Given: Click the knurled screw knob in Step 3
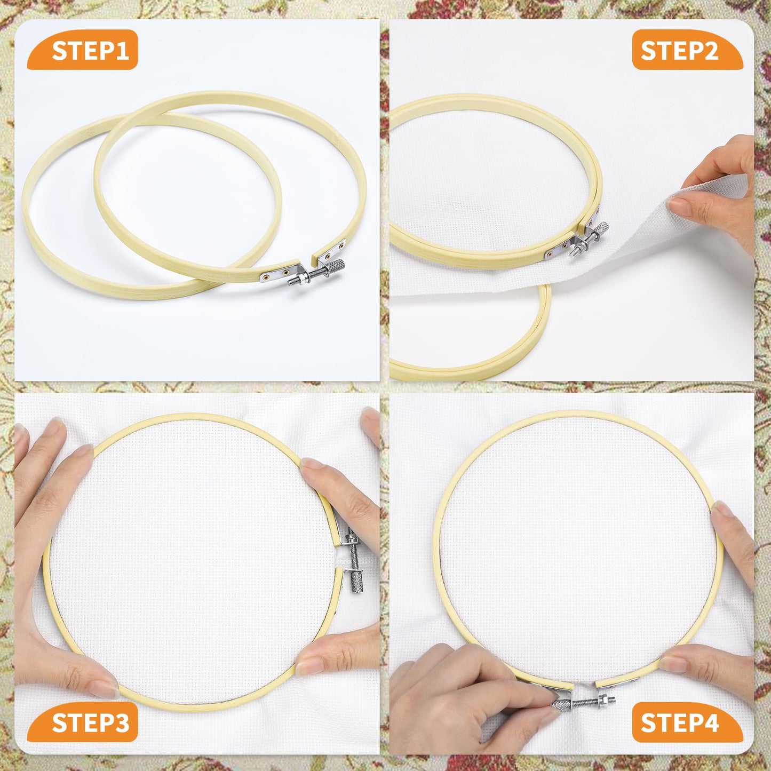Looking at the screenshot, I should [x=355, y=579].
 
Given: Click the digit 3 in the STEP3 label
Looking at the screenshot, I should [x=121, y=723].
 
